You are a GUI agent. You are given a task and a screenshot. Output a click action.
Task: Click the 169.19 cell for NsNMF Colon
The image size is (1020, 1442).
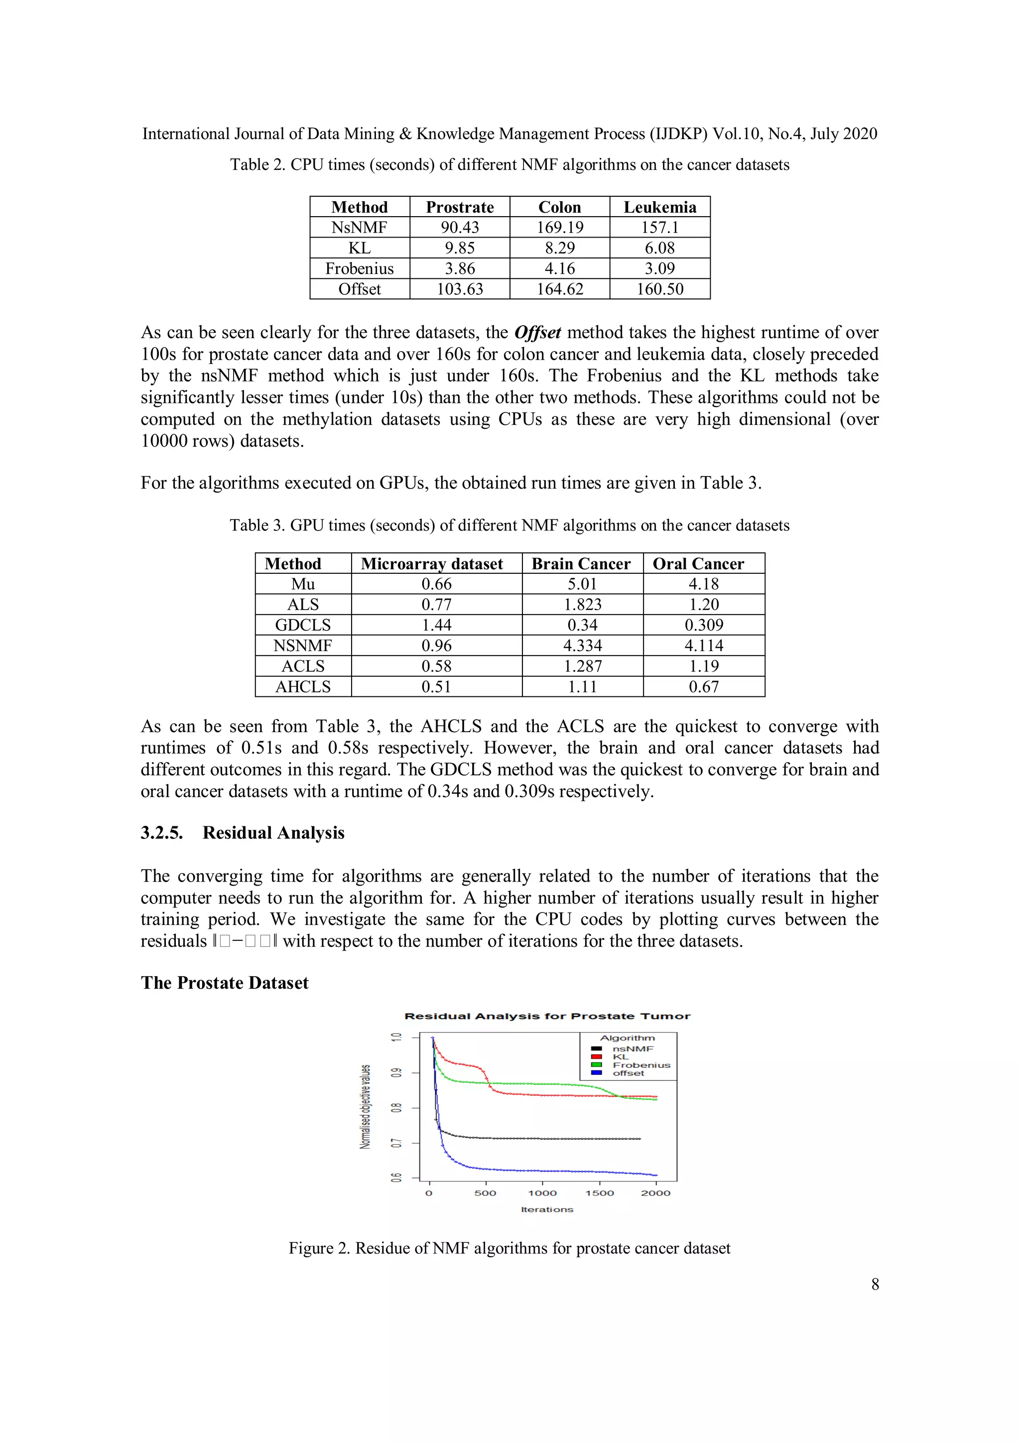click(x=560, y=227)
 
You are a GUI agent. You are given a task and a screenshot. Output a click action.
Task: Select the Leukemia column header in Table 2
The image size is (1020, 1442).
click(x=659, y=207)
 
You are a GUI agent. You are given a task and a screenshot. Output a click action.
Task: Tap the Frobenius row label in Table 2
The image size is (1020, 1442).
click(x=359, y=269)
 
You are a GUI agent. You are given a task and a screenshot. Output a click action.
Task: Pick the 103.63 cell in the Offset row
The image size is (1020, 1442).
click(x=460, y=289)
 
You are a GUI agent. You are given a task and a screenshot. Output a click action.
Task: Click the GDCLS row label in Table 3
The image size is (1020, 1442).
click(x=303, y=625)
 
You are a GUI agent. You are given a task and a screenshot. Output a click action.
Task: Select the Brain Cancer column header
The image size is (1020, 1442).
click(x=581, y=563)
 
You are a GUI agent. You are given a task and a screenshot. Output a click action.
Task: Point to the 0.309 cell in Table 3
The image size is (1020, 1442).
click(x=703, y=625)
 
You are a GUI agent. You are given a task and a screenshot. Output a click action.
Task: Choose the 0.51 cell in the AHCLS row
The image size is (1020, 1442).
click(x=436, y=686)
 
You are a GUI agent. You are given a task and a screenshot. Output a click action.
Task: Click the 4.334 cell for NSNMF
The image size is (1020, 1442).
click(x=582, y=646)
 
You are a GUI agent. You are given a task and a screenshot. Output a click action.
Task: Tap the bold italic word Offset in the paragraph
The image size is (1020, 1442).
click(x=537, y=332)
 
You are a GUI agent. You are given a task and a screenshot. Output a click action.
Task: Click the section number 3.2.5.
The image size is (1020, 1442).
click(x=161, y=833)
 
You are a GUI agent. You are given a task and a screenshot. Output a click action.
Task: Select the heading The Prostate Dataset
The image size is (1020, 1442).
click(x=225, y=983)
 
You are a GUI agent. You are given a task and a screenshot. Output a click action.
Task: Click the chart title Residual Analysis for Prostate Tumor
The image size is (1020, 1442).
click(x=547, y=1016)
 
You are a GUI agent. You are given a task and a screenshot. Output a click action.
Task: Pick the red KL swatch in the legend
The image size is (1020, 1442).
click(x=597, y=1057)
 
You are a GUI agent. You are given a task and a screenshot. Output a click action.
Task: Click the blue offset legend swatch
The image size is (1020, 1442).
click(x=597, y=1073)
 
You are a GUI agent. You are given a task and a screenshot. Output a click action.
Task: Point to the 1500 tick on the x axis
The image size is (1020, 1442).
click(x=599, y=1192)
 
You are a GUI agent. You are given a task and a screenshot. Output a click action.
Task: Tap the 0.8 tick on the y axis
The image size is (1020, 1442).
click(x=395, y=1108)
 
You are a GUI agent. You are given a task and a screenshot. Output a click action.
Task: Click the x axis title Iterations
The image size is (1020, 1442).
click(x=547, y=1209)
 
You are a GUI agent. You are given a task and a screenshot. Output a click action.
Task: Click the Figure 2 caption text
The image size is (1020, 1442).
click(x=510, y=1248)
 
